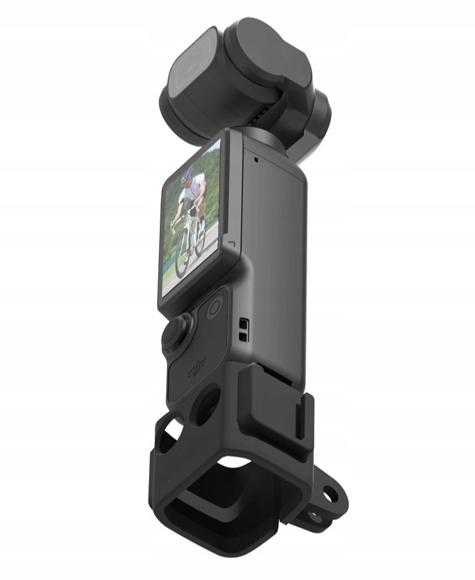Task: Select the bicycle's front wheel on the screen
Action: coord(184,255)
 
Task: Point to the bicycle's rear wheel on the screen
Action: coord(199,234)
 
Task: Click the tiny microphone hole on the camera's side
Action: coord(256,160)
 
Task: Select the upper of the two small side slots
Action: coord(243,324)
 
